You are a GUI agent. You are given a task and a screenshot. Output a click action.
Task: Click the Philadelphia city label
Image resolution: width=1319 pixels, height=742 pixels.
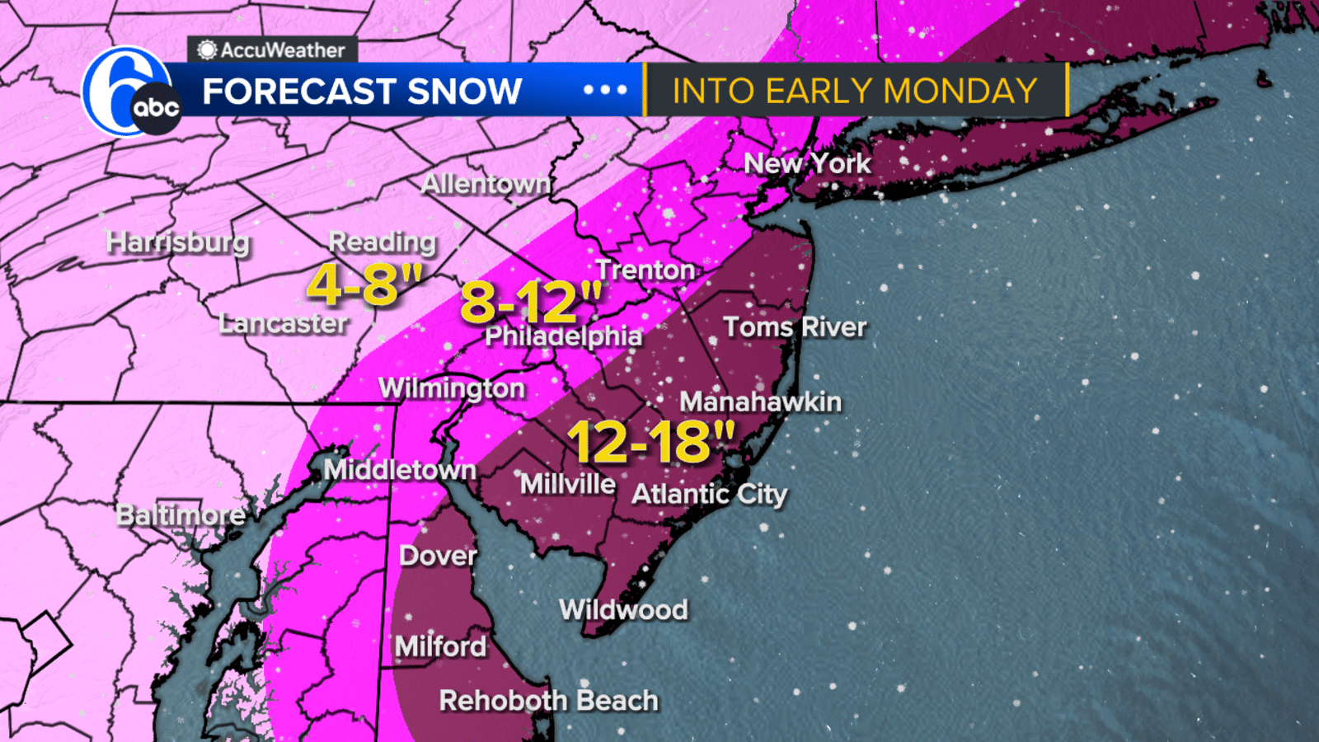(x=563, y=336)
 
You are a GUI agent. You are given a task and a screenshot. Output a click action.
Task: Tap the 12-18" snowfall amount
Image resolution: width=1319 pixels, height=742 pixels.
(x=650, y=443)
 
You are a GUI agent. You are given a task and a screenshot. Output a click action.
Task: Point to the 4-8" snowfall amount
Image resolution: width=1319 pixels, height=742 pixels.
(x=364, y=285)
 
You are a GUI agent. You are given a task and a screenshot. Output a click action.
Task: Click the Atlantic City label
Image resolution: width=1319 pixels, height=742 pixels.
(x=709, y=494)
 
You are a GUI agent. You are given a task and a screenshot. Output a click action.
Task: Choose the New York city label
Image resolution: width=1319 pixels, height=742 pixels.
(x=807, y=163)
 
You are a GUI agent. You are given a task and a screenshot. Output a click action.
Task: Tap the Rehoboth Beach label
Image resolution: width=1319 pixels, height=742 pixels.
(x=548, y=701)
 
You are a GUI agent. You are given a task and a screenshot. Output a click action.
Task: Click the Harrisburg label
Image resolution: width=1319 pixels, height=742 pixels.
(x=178, y=242)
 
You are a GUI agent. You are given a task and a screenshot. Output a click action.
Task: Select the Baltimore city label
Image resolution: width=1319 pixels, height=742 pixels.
(x=181, y=515)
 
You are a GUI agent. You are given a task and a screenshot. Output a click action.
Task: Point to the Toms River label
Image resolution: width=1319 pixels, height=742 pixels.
(x=795, y=327)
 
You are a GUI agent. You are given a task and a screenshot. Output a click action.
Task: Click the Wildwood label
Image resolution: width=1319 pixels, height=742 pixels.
(x=623, y=610)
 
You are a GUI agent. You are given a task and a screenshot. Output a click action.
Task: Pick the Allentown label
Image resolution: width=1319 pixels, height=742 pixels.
(x=486, y=184)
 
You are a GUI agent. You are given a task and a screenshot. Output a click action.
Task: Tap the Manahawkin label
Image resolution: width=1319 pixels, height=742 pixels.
(x=760, y=402)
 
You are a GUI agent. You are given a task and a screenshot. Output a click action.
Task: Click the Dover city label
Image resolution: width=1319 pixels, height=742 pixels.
(x=438, y=556)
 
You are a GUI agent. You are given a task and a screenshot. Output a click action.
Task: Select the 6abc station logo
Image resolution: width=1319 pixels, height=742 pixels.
(x=130, y=92)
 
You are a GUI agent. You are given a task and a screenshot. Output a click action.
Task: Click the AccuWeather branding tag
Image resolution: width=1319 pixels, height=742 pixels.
(x=272, y=50)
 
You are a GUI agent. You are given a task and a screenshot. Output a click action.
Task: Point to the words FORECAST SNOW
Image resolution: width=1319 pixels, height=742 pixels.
(x=362, y=91)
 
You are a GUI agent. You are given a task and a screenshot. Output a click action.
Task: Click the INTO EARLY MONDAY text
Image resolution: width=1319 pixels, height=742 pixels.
(x=855, y=91)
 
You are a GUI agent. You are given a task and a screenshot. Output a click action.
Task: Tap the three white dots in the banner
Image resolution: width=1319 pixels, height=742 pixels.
(x=605, y=90)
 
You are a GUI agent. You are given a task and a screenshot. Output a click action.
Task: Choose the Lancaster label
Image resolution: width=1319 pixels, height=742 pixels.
(x=283, y=323)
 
